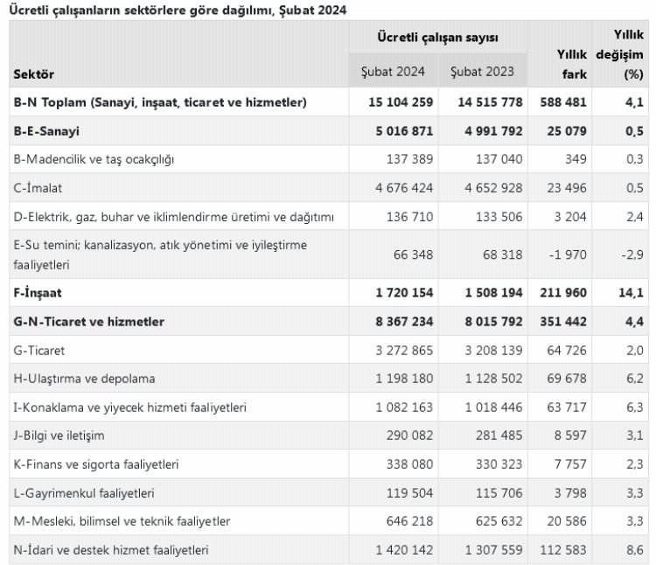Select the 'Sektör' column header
[34, 74]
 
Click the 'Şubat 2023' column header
[482, 71]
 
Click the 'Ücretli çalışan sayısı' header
[437, 38]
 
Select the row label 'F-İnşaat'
[38, 292]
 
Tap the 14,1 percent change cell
[632, 292]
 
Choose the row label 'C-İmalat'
[38, 187]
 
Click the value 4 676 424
[401, 187]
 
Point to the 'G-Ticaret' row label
[40, 350]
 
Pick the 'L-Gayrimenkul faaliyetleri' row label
[84, 492]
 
